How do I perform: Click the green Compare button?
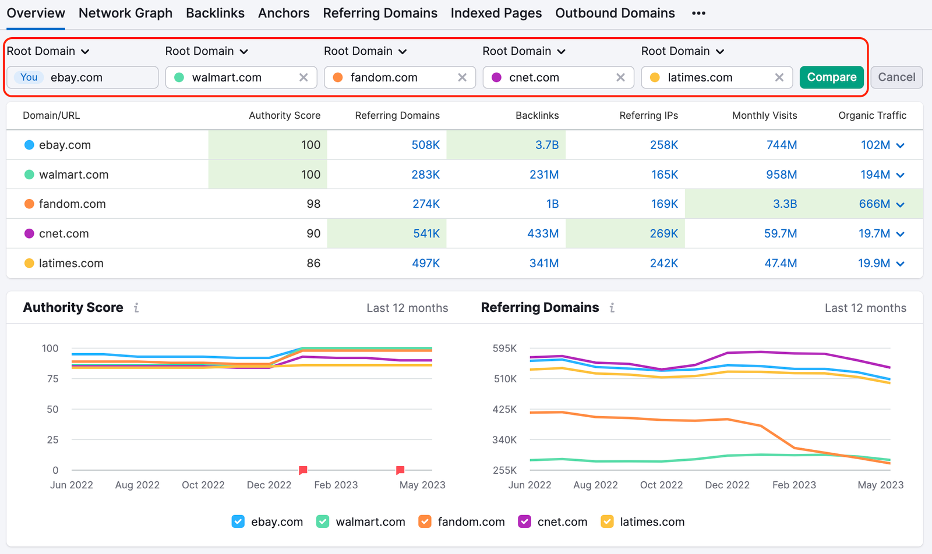[x=831, y=77]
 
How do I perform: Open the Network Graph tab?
[x=125, y=13]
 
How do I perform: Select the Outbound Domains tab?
[x=615, y=13]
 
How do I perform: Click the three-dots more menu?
[x=698, y=13]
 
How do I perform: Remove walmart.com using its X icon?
[x=303, y=77]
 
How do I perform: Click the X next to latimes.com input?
[x=779, y=77]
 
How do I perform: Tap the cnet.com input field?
[x=553, y=77]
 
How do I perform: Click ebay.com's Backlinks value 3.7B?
[x=546, y=145]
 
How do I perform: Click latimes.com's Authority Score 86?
[x=313, y=263]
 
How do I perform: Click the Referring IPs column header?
[x=648, y=115]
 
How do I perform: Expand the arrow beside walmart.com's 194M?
[x=901, y=175]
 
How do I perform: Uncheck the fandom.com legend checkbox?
[x=425, y=521]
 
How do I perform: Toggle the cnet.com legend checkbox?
[x=524, y=521]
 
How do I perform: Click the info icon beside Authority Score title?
[x=136, y=308]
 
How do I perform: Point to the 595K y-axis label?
[x=504, y=348]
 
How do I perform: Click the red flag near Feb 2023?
[x=303, y=470]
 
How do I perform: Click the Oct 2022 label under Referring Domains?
[x=661, y=485]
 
